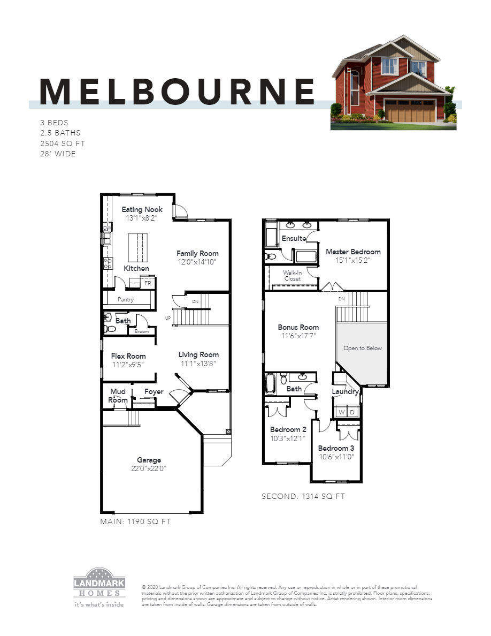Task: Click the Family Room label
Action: pos(197,253)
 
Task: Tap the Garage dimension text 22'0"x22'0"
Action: pos(149,469)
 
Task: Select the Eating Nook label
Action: pos(142,209)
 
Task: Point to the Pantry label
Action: pos(126,300)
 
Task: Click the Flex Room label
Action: pos(128,356)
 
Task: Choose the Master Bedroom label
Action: pos(353,252)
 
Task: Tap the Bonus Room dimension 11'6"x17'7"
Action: pos(298,336)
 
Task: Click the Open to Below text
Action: pos(363,348)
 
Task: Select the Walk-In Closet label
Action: pos(293,275)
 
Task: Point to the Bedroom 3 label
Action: pos(336,448)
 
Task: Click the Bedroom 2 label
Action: pos(288,429)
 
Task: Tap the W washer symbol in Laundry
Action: pos(341,412)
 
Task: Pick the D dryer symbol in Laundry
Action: pos(352,412)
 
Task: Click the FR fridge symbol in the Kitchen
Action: pos(148,283)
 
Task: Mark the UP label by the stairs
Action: pos(168,318)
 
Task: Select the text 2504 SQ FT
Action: pos(63,143)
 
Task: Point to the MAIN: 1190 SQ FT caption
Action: pos(136,521)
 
